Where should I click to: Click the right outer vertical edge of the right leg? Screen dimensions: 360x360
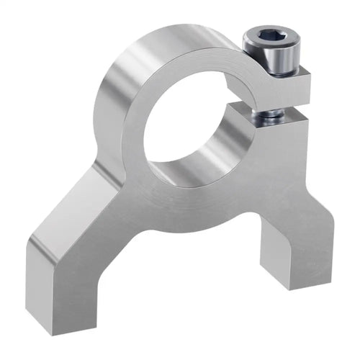(x=333, y=238)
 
